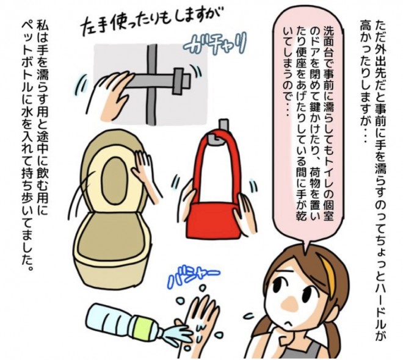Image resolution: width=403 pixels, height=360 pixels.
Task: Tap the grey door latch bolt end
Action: tap(182, 81)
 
